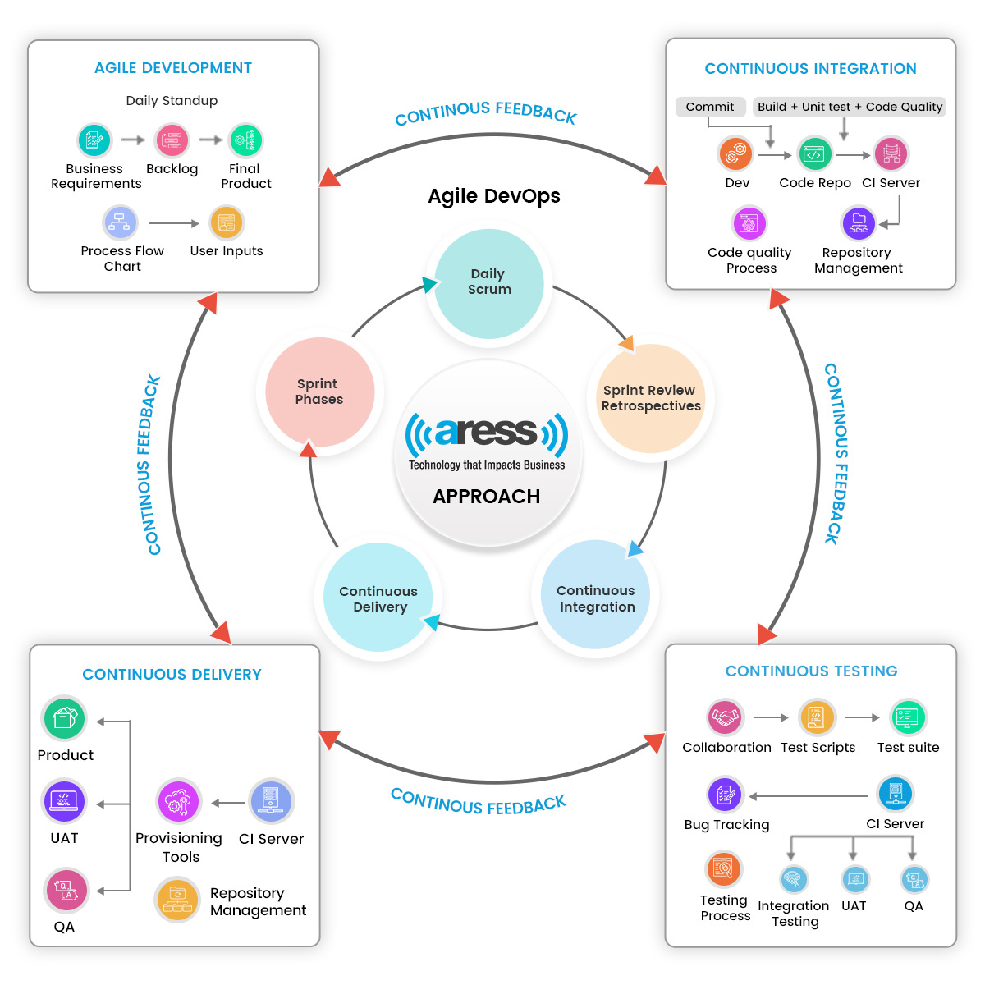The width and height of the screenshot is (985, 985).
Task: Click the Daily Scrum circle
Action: click(488, 282)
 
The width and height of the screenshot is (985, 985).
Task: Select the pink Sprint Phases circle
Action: click(319, 392)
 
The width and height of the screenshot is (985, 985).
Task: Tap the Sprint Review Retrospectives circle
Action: click(651, 398)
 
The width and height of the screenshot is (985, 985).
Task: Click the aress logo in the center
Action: click(487, 433)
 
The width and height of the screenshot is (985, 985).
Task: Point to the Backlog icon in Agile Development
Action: click(172, 140)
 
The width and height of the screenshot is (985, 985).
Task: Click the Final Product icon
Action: click(245, 140)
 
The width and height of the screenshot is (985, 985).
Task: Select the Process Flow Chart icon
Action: click(120, 222)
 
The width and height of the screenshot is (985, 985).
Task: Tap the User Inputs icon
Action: click(227, 222)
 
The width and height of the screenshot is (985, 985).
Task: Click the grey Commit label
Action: click(710, 107)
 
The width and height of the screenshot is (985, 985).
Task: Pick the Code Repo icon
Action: click(814, 154)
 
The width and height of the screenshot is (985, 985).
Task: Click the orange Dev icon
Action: click(735, 153)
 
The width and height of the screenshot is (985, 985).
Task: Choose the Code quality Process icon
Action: click(749, 222)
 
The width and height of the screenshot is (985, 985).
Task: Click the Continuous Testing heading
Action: click(811, 671)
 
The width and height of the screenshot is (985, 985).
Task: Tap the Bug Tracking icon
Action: click(726, 794)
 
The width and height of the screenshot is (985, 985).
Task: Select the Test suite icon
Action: click(908, 717)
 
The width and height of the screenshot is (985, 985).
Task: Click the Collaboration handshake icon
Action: click(725, 717)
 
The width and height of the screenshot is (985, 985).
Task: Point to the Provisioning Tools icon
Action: click(178, 802)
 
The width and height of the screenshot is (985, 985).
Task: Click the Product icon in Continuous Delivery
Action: click(64, 719)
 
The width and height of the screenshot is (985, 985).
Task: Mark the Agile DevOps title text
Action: click(494, 196)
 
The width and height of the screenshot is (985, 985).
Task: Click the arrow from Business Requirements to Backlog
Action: click(133, 140)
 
